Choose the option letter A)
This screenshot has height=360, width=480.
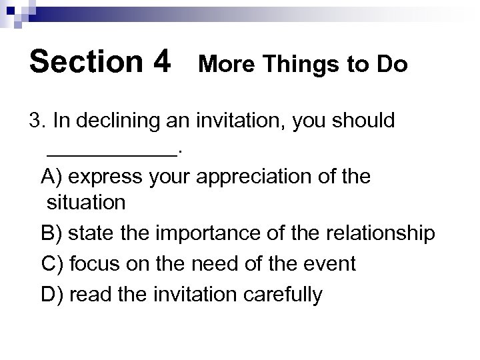(x=52, y=178)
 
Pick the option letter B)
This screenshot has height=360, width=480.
(x=52, y=234)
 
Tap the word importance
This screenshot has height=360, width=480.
(x=209, y=234)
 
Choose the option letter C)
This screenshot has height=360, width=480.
(x=52, y=263)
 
